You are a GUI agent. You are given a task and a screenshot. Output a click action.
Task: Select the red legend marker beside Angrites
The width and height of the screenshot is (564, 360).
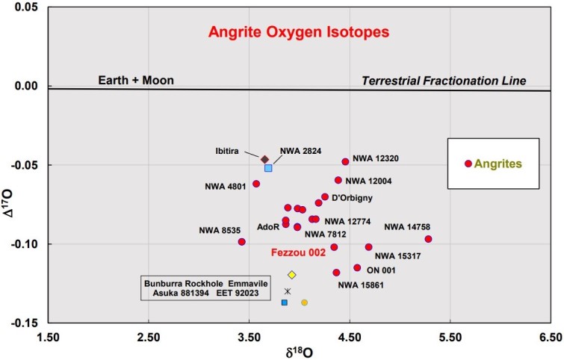pos(468,164)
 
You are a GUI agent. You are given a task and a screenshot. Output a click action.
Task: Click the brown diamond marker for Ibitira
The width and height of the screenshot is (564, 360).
pos(264,159)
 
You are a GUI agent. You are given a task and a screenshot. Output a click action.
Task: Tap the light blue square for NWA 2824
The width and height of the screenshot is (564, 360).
pos(268,168)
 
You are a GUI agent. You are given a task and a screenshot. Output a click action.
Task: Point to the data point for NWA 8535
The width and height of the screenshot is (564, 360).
pos(242,241)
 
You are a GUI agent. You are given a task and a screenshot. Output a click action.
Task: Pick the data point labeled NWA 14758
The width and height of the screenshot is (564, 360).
pos(428,239)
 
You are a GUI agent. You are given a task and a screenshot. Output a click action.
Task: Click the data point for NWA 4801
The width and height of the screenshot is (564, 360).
pos(256,184)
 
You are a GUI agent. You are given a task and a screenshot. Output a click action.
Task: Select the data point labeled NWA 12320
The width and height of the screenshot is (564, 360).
pos(345,161)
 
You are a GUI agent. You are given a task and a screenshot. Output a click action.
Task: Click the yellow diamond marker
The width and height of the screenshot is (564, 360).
pos(292,275)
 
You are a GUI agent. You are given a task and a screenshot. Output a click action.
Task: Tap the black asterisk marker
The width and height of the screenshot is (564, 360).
pos(288,291)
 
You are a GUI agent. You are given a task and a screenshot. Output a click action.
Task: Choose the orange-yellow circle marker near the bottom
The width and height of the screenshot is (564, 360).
pos(305,302)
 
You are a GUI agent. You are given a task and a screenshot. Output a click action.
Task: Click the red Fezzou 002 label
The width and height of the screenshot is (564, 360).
pos(298,253)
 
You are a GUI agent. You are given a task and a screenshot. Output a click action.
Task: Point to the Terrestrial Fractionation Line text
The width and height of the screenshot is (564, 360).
pos(444,80)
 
